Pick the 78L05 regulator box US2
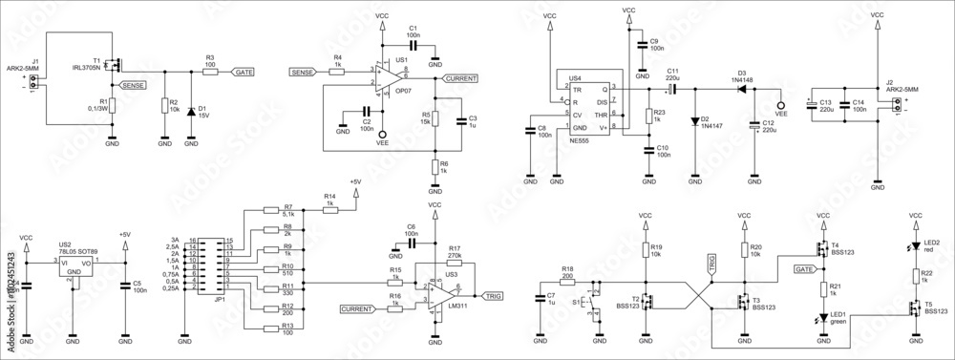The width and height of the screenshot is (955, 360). pyautogui.click(x=74, y=265)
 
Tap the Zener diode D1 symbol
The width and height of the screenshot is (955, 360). pyautogui.click(x=191, y=111)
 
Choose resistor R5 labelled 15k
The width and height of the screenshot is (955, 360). pyautogui.click(x=435, y=118)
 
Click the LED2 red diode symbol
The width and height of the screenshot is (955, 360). pyautogui.click(x=918, y=246)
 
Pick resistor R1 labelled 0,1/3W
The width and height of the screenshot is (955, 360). pyautogui.click(x=112, y=104)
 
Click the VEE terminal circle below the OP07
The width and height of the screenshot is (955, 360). pyautogui.click(x=383, y=134)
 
